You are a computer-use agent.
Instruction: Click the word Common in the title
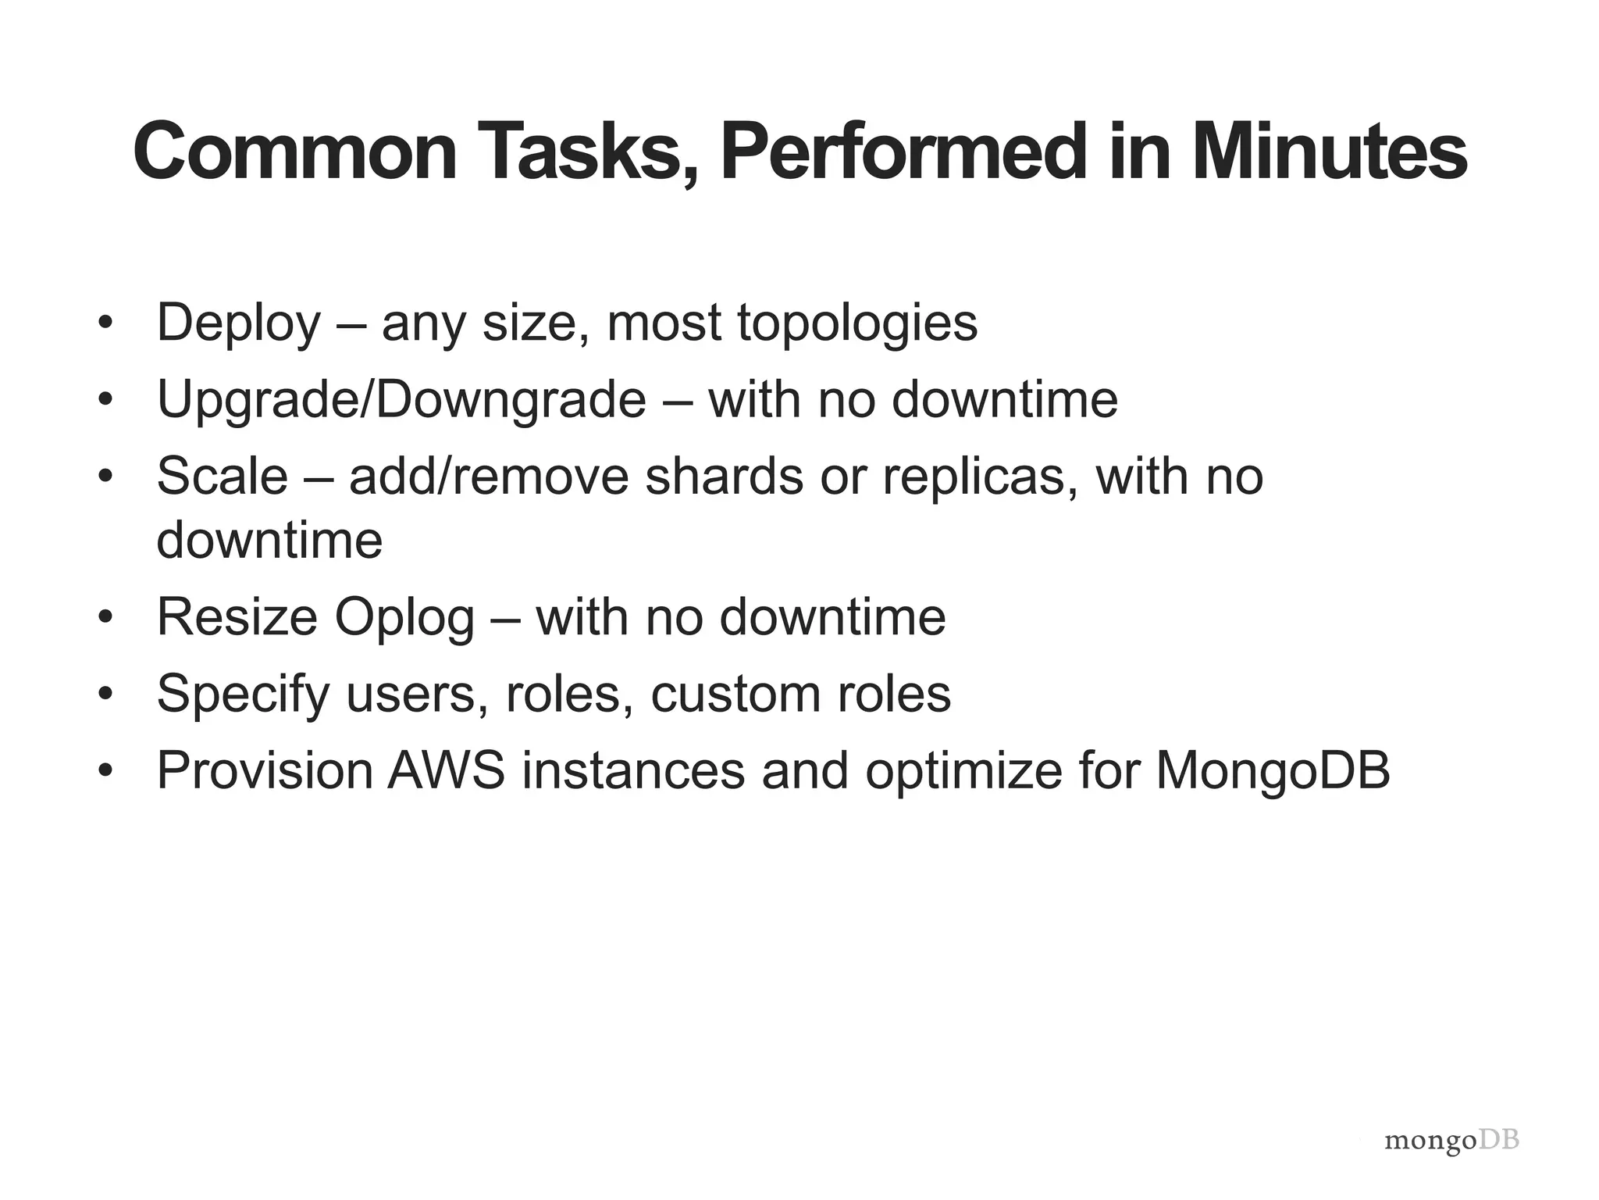pos(295,152)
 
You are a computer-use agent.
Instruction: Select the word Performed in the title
pos(903,152)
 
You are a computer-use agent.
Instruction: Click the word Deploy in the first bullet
pos(239,323)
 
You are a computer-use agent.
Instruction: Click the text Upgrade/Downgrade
pos(401,399)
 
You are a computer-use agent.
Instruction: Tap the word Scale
pos(223,476)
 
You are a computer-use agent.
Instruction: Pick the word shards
pos(724,476)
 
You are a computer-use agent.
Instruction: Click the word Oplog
pos(404,617)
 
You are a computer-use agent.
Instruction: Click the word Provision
pos(265,770)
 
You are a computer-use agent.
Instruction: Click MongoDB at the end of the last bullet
pos(1273,770)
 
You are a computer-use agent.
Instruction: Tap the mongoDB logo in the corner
pos(1451,1141)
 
